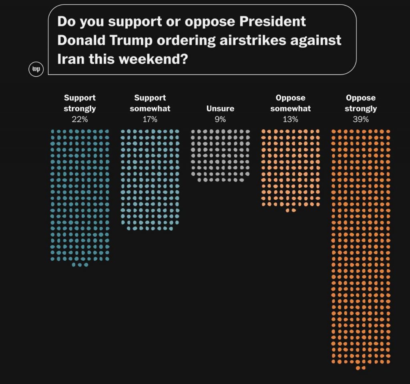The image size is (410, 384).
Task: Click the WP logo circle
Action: coord(36,70)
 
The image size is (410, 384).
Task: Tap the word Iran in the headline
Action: coord(72,59)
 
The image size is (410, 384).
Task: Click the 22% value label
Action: coord(80,119)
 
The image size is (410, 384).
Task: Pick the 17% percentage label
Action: coord(150,119)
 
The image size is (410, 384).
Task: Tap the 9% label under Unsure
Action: coord(220,119)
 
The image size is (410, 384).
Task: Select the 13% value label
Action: coord(290,119)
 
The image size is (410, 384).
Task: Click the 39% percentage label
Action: coord(361,119)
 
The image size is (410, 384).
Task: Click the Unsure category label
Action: coord(220,109)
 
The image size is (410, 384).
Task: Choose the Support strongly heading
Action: coord(80,103)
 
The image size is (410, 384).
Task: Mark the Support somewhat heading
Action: coord(150,103)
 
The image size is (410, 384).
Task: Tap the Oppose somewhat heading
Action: coord(290,103)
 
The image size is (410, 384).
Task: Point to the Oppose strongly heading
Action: coord(361,103)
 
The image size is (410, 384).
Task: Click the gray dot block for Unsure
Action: coord(220,155)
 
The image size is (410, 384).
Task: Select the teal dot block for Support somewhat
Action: coord(150,179)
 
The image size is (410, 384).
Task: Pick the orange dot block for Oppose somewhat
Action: coord(290,168)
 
